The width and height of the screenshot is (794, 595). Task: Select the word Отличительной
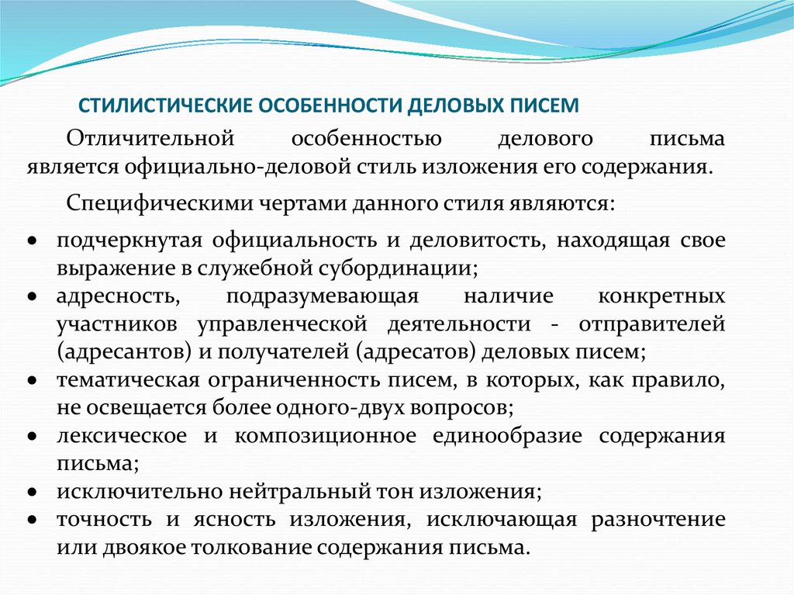point(150,140)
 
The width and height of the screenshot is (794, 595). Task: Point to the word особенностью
point(366,140)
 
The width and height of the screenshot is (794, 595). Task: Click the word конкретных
point(662,296)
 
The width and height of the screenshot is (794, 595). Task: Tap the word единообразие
point(507,436)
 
